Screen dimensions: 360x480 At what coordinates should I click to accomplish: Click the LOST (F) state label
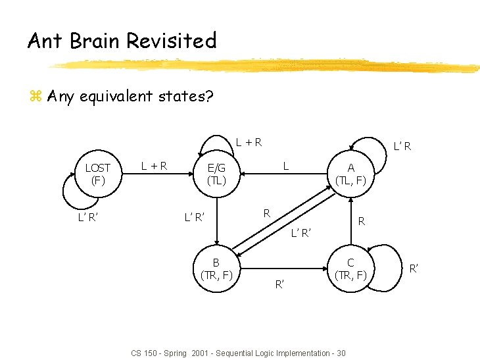pyautogui.click(x=97, y=173)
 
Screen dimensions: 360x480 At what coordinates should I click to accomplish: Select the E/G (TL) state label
pyautogui.click(x=216, y=174)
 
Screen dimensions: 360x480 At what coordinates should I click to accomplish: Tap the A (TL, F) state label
pyautogui.click(x=351, y=174)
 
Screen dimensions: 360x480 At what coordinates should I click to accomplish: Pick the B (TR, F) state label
pyautogui.click(x=216, y=269)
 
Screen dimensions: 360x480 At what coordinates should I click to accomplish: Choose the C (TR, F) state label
pyautogui.click(x=351, y=269)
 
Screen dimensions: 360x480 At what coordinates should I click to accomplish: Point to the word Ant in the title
pyautogui.click(x=45, y=41)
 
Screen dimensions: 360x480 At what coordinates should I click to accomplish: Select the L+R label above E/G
pyautogui.click(x=249, y=141)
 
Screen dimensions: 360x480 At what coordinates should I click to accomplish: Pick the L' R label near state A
pyautogui.click(x=401, y=145)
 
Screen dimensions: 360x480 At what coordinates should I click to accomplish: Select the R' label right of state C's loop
pyautogui.click(x=414, y=268)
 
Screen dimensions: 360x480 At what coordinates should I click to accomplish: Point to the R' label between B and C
pyautogui.click(x=279, y=284)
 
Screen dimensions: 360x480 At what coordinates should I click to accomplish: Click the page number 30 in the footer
pyautogui.click(x=340, y=353)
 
